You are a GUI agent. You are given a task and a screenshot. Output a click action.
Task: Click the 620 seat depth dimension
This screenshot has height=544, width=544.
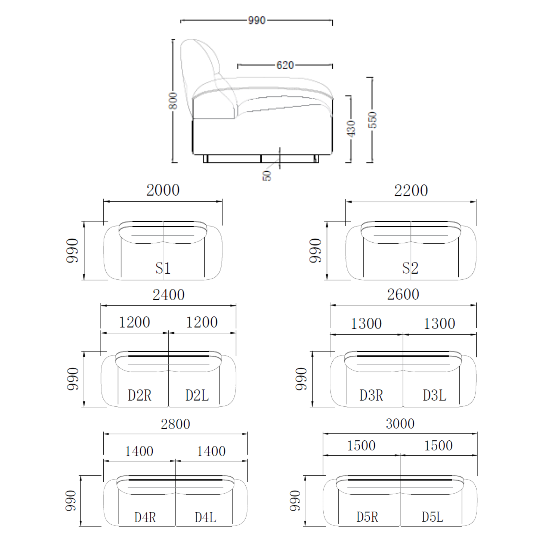coord(285,65)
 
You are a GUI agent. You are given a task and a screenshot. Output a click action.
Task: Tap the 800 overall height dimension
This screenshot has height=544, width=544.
coord(173,101)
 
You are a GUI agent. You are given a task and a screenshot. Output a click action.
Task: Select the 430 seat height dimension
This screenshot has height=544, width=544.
coord(351,128)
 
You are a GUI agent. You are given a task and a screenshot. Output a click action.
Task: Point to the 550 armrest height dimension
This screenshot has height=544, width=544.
coord(373,120)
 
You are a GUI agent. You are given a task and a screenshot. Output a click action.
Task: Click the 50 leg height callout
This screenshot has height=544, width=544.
coord(267,176)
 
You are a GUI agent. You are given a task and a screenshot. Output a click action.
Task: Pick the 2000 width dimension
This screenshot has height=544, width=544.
coord(163,190)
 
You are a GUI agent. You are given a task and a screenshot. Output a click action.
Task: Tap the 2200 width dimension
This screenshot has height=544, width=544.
coord(411,191)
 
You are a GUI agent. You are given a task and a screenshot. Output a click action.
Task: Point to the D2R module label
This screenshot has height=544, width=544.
coord(140,395)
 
